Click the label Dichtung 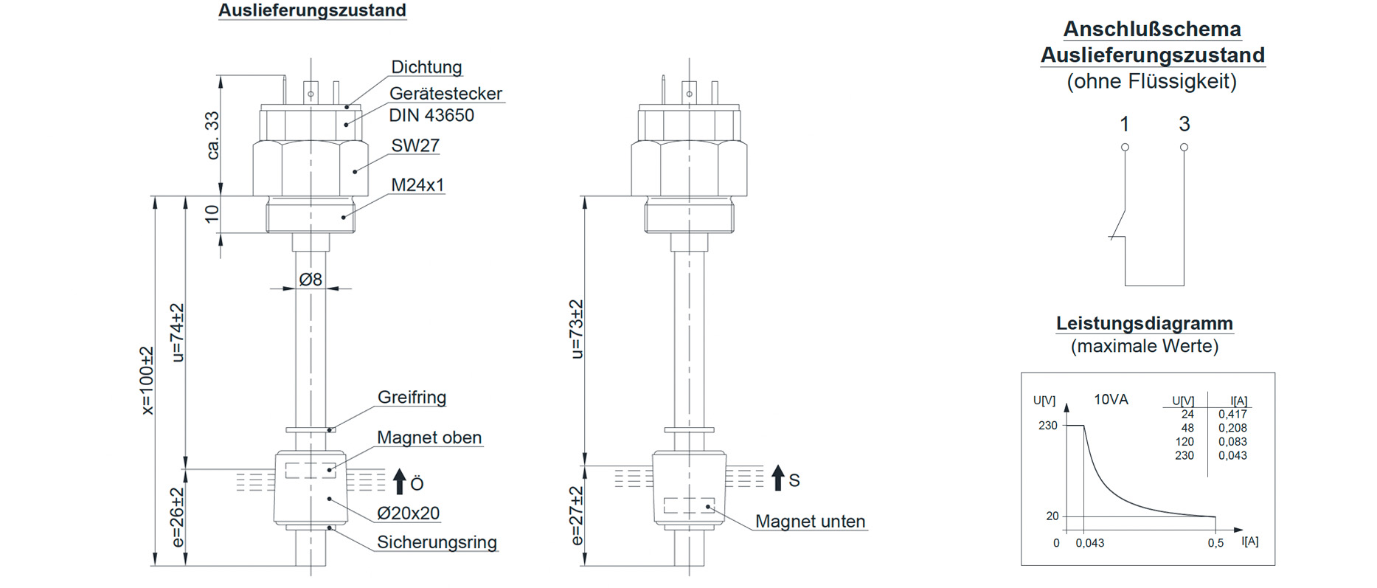coord(426,67)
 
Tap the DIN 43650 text coord(431,115)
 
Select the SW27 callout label coord(415,145)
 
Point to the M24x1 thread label coord(417,184)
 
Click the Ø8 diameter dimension coord(311,280)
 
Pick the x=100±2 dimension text coord(148,381)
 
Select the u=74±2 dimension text coord(178,333)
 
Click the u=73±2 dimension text coord(577,329)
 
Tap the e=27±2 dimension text coord(577,515)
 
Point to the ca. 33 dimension coord(212,135)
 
